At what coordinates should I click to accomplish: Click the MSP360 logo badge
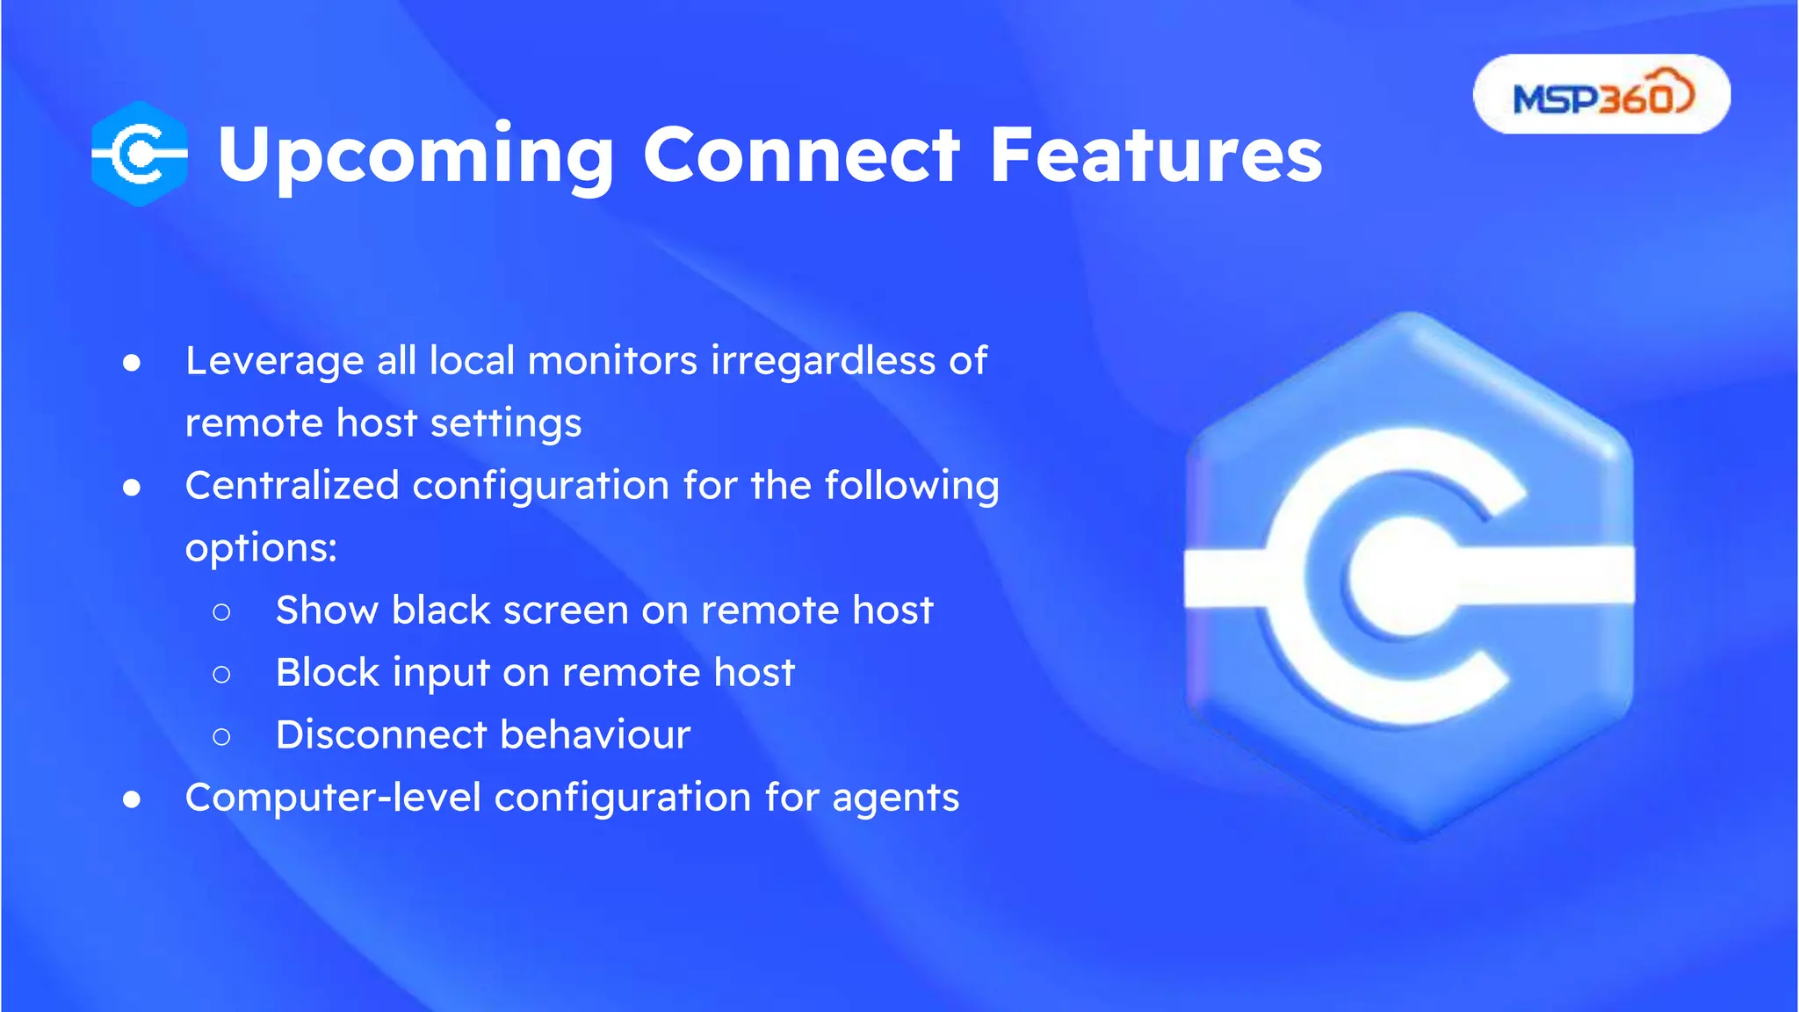coord(1600,95)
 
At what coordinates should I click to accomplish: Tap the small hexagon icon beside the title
coord(140,154)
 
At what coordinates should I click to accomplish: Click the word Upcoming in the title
coord(415,155)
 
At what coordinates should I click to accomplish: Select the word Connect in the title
coord(801,155)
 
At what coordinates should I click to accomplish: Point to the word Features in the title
coord(1155,155)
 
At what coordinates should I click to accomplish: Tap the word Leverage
coord(274,362)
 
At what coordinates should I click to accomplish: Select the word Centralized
coord(292,486)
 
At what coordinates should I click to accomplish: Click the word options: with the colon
coord(261,549)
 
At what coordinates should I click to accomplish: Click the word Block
coord(327,673)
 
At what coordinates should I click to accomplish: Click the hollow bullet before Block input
coord(221,675)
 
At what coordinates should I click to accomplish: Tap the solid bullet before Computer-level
coord(132,799)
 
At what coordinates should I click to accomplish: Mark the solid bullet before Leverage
coord(132,363)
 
